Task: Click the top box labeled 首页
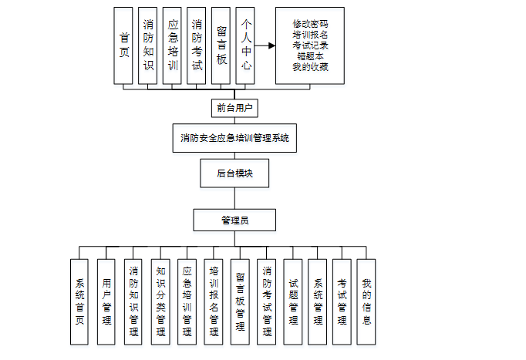pos(123,45)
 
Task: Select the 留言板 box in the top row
pos(221,45)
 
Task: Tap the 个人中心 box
pos(245,45)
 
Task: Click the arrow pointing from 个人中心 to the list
pos(265,45)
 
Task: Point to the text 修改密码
pos(310,24)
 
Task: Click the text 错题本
pos(310,56)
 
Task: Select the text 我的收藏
pos(310,67)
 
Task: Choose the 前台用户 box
pos(234,108)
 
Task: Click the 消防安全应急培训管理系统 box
pos(234,139)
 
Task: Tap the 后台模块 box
pos(234,173)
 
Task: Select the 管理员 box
pos(234,220)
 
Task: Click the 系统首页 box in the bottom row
pos(79,301)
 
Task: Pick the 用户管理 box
pos(106,301)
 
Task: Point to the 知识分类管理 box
pos(160,301)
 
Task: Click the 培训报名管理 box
pos(214,301)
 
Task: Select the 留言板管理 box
pos(240,301)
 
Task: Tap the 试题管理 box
pos(293,301)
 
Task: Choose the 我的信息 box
pos(366,301)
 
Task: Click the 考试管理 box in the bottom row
pos(342,301)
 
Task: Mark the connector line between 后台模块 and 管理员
pos(234,198)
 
